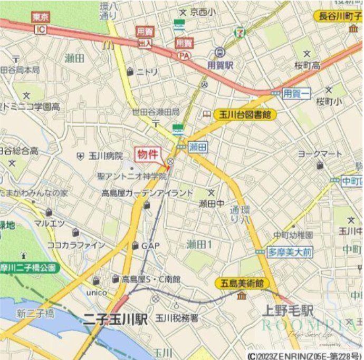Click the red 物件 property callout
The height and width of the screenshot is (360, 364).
pyautogui.click(x=148, y=154)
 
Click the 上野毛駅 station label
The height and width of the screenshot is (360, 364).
pyautogui.click(x=289, y=310)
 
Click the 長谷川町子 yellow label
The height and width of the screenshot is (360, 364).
pyautogui.click(x=338, y=16)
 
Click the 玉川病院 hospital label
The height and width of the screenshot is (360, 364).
pyautogui.click(x=106, y=156)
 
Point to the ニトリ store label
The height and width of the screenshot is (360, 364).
pyautogui.click(x=147, y=72)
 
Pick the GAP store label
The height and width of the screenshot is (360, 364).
pyautogui.click(x=150, y=246)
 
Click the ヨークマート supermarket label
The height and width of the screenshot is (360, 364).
pyautogui.click(x=320, y=154)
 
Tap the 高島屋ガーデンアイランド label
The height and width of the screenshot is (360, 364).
pyautogui.click(x=148, y=193)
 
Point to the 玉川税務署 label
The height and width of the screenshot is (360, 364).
pyautogui.click(x=177, y=318)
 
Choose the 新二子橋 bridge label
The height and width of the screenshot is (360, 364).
pyautogui.click(x=35, y=314)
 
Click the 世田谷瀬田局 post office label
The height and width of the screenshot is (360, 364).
pyautogui.click(x=156, y=112)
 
